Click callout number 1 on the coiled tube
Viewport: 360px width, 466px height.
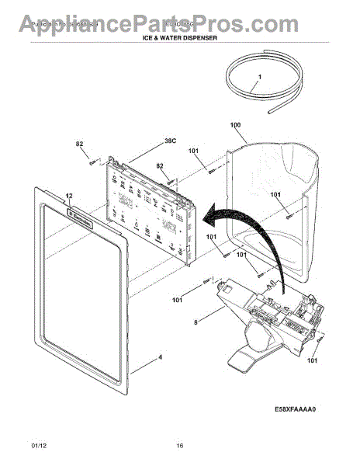pos(260,76)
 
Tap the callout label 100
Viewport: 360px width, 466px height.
pos(236,124)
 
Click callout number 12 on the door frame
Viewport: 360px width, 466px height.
pos(68,196)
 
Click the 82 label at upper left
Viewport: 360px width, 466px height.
pos(79,144)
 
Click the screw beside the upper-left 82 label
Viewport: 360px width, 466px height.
pos(92,161)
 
